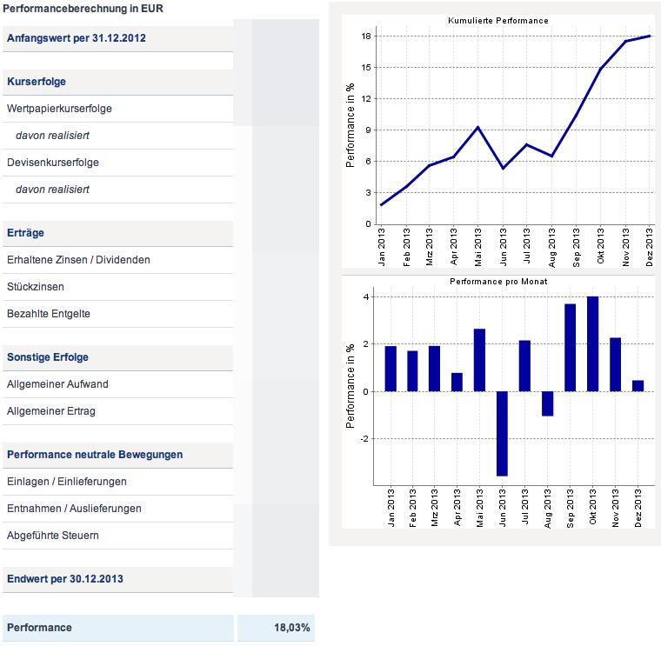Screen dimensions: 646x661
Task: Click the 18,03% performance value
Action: (x=292, y=628)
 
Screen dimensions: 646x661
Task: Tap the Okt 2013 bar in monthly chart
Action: (x=593, y=343)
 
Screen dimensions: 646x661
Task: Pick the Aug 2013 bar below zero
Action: (x=547, y=403)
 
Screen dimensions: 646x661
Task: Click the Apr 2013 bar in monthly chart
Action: (x=457, y=382)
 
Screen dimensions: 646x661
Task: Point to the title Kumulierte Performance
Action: (x=497, y=20)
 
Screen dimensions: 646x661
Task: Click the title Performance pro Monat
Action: (x=497, y=282)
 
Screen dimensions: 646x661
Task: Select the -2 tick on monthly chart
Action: (x=365, y=438)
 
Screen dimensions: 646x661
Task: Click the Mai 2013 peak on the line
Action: (x=478, y=127)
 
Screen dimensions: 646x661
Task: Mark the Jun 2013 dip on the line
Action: (x=503, y=168)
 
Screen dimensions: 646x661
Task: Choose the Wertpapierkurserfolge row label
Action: (x=59, y=109)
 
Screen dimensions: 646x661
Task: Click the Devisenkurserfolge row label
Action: (x=53, y=163)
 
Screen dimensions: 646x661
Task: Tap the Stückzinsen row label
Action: (x=35, y=287)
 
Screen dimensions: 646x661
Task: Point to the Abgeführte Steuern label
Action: (x=52, y=536)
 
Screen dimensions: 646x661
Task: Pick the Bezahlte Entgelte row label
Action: (x=48, y=314)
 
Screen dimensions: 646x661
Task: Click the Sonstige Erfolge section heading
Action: (x=48, y=357)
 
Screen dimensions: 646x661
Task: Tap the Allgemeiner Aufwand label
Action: (x=57, y=384)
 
